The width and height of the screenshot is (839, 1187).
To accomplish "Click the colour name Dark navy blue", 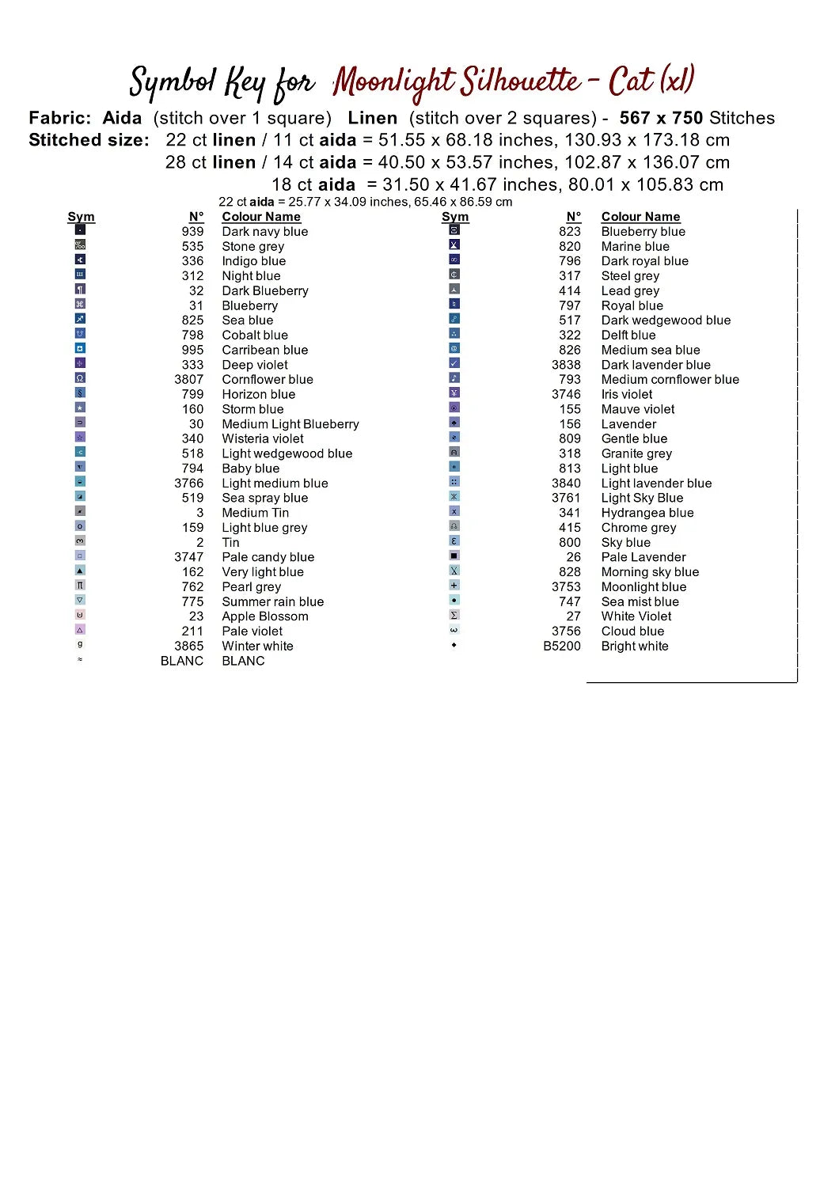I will coord(264,232).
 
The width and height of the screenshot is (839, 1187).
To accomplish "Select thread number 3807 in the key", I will coord(189,380).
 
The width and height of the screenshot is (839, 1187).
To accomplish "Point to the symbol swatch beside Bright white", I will coord(454,645).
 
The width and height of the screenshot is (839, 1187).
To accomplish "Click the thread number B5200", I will coord(562,647).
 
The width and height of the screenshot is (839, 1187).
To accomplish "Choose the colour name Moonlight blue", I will coord(643,587).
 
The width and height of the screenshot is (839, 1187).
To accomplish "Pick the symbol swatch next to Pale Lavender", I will coord(454,556).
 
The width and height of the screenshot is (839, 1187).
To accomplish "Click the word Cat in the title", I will coord(631,81).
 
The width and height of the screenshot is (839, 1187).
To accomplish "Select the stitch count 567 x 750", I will coord(661,119).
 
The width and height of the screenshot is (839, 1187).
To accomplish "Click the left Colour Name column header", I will coord(261,217).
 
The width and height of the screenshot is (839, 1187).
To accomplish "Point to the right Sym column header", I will coord(455,217).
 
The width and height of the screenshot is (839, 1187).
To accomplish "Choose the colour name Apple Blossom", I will coord(265,616).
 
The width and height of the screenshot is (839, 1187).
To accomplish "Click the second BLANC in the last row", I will coord(243,661).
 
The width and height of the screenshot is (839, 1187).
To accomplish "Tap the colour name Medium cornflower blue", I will coord(670,380).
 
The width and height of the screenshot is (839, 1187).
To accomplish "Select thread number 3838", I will coord(566,365).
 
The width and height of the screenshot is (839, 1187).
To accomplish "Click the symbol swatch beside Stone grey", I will coord(80,245).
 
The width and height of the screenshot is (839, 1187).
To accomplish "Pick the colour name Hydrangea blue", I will coord(647,513).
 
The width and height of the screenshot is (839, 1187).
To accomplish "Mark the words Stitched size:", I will coord(89,141).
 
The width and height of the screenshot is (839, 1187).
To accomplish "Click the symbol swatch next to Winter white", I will coord(80,645).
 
